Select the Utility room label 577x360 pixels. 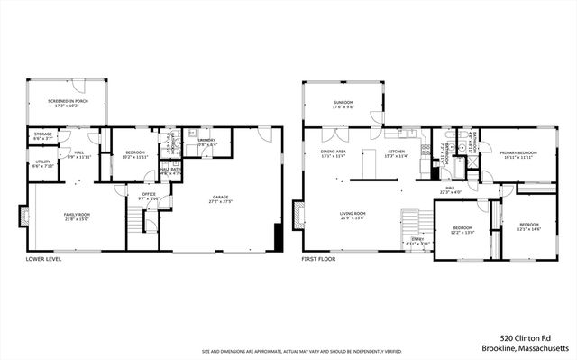[x=42, y=163]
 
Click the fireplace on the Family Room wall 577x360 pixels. [x=23, y=216]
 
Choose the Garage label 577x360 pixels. [x=221, y=198]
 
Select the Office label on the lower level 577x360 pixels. [x=147, y=193]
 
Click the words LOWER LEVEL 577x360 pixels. [x=43, y=259]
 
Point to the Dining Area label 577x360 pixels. [x=334, y=152]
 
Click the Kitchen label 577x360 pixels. [x=397, y=152]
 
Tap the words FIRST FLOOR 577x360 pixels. [x=321, y=259]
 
